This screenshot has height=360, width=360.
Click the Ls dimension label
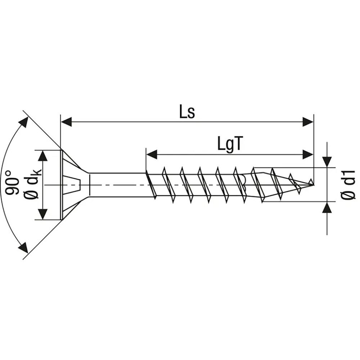coord(187,113)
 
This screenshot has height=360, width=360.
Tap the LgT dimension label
coord(228,144)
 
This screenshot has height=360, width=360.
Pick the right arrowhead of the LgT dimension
coord(308,155)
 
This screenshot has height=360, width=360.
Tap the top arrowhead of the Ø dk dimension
coord(43,156)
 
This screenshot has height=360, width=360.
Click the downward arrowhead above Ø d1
coord(327,161)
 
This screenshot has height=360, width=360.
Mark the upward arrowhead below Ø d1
coord(327,208)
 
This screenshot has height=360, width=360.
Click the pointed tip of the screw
coord(312,185)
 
